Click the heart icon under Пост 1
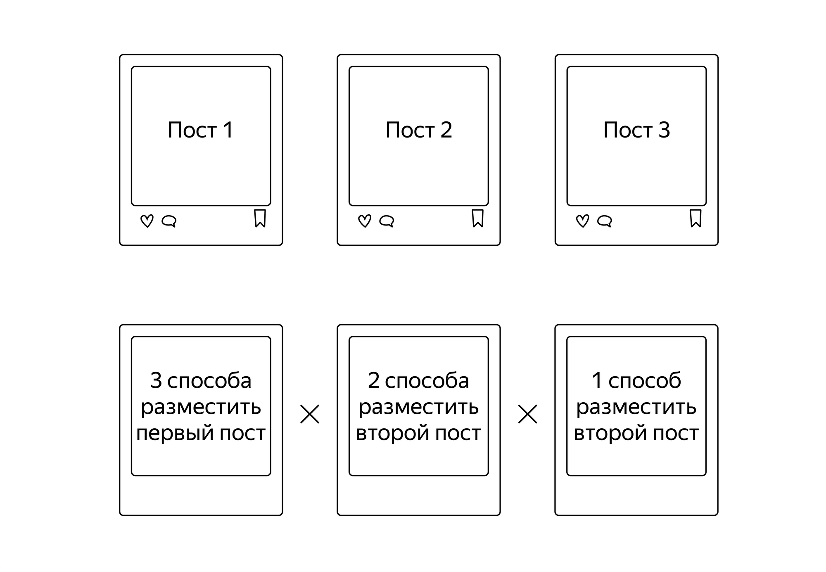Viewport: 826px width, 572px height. tap(147, 221)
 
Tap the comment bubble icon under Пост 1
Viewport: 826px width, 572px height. tap(169, 221)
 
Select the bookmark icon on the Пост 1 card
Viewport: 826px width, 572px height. tap(260, 218)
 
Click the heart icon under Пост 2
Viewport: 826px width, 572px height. tap(365, 221)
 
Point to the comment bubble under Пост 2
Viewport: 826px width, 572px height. tap(387, 221)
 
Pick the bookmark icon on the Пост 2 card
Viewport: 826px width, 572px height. tap(478, 218)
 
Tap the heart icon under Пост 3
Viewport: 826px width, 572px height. tap(582, 221)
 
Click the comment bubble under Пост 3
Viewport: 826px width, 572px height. tap(605, 221)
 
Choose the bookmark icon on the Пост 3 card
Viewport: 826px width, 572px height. tap(695, 218)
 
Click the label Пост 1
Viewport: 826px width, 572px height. tap(201, 130)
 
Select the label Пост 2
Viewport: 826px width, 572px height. tap(419, 130)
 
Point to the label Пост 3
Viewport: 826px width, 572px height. tap(636, 130)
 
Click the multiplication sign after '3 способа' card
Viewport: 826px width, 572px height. tap(310, 414)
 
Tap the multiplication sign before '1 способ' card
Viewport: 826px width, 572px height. tap(528, 414)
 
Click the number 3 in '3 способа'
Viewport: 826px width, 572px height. tap(156, 380)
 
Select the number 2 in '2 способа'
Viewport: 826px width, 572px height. tap(374, 380)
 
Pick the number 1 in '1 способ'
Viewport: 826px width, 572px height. tap(597, 380)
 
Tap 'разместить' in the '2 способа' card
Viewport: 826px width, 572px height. tap(418, 408)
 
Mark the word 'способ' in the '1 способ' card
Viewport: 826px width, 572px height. tap(645, 380)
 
